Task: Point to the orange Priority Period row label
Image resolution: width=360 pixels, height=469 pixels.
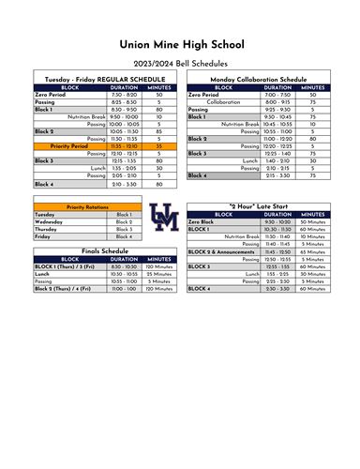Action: [x=68, y=146]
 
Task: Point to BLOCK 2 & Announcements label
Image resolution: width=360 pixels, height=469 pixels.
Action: [x=221, y=251]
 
